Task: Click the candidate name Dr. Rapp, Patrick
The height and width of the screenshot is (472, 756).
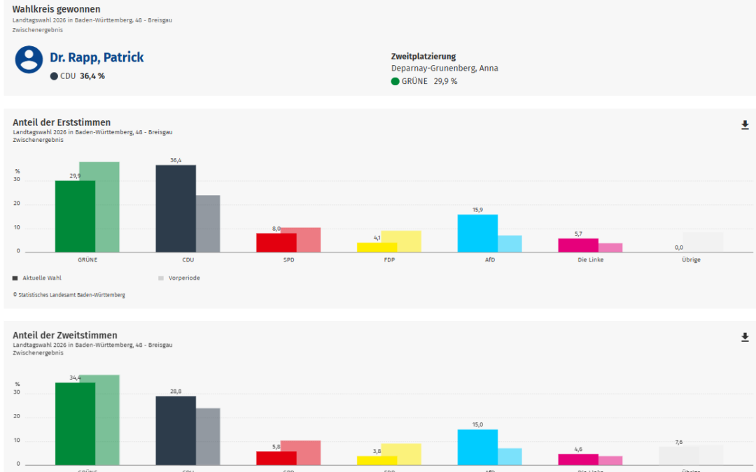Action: coord(97,57)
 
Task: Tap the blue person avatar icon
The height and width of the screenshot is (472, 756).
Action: coord(29,60)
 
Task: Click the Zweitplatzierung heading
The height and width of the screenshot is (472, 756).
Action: coord(423,57)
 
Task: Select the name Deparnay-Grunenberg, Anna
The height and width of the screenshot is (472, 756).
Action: coord(444,69)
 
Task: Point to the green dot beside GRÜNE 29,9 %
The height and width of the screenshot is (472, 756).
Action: coord(395,81)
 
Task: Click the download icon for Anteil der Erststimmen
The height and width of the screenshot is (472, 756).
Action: coord(745,125)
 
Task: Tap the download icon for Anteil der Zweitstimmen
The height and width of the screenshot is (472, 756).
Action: coord(745,338)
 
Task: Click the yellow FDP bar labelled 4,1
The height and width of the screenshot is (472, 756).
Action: coord(377,247)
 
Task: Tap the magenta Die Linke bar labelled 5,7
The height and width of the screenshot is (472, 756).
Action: coord(578,245)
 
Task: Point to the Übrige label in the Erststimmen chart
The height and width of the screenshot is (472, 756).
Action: coord(690,260)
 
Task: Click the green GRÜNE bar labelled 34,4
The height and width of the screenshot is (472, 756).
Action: coord(75,423)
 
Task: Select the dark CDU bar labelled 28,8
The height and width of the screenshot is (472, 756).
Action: coord(175,430)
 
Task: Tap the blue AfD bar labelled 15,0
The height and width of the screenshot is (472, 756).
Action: coord(477,447)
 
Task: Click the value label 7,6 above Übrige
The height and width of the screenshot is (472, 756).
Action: coord(678,442)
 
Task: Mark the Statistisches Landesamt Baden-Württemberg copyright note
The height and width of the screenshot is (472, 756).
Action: coord(69,295)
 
